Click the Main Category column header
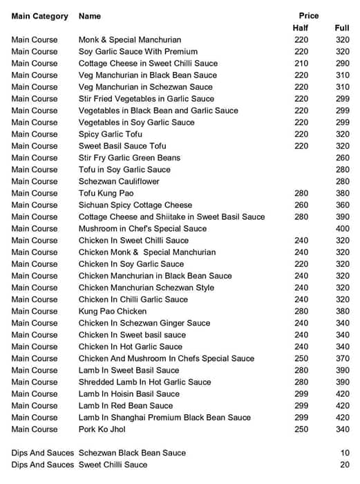tap(40, 16)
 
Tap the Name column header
tap(90, 16)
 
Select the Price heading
tap(309, 15)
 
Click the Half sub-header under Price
tap(301, 28)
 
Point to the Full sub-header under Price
tap(342, 28)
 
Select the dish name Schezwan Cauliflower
tap(119, 181)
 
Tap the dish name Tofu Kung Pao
tap(106, 193)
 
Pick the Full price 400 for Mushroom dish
tap(342, 228)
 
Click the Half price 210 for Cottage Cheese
tap(301, 63)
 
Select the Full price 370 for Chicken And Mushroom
tap(342, 358)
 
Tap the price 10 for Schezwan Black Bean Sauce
tap(345, 453)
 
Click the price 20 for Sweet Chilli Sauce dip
tap(345, 465)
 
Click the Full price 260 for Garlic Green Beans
tap(342, 158)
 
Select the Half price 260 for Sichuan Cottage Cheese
tap(301, 205)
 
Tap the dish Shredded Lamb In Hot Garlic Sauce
tap(145, 382)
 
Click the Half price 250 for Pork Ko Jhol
tap(301, 429)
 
